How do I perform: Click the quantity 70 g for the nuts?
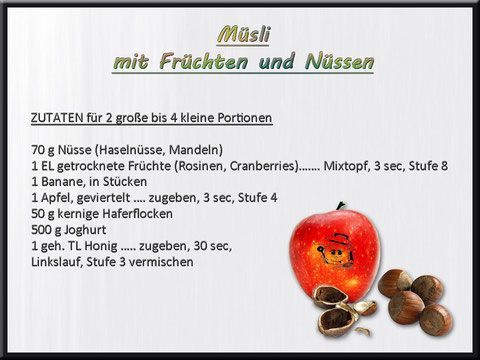point(44,150)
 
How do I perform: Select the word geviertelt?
point(110,198)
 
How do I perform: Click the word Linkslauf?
point(59,262)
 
